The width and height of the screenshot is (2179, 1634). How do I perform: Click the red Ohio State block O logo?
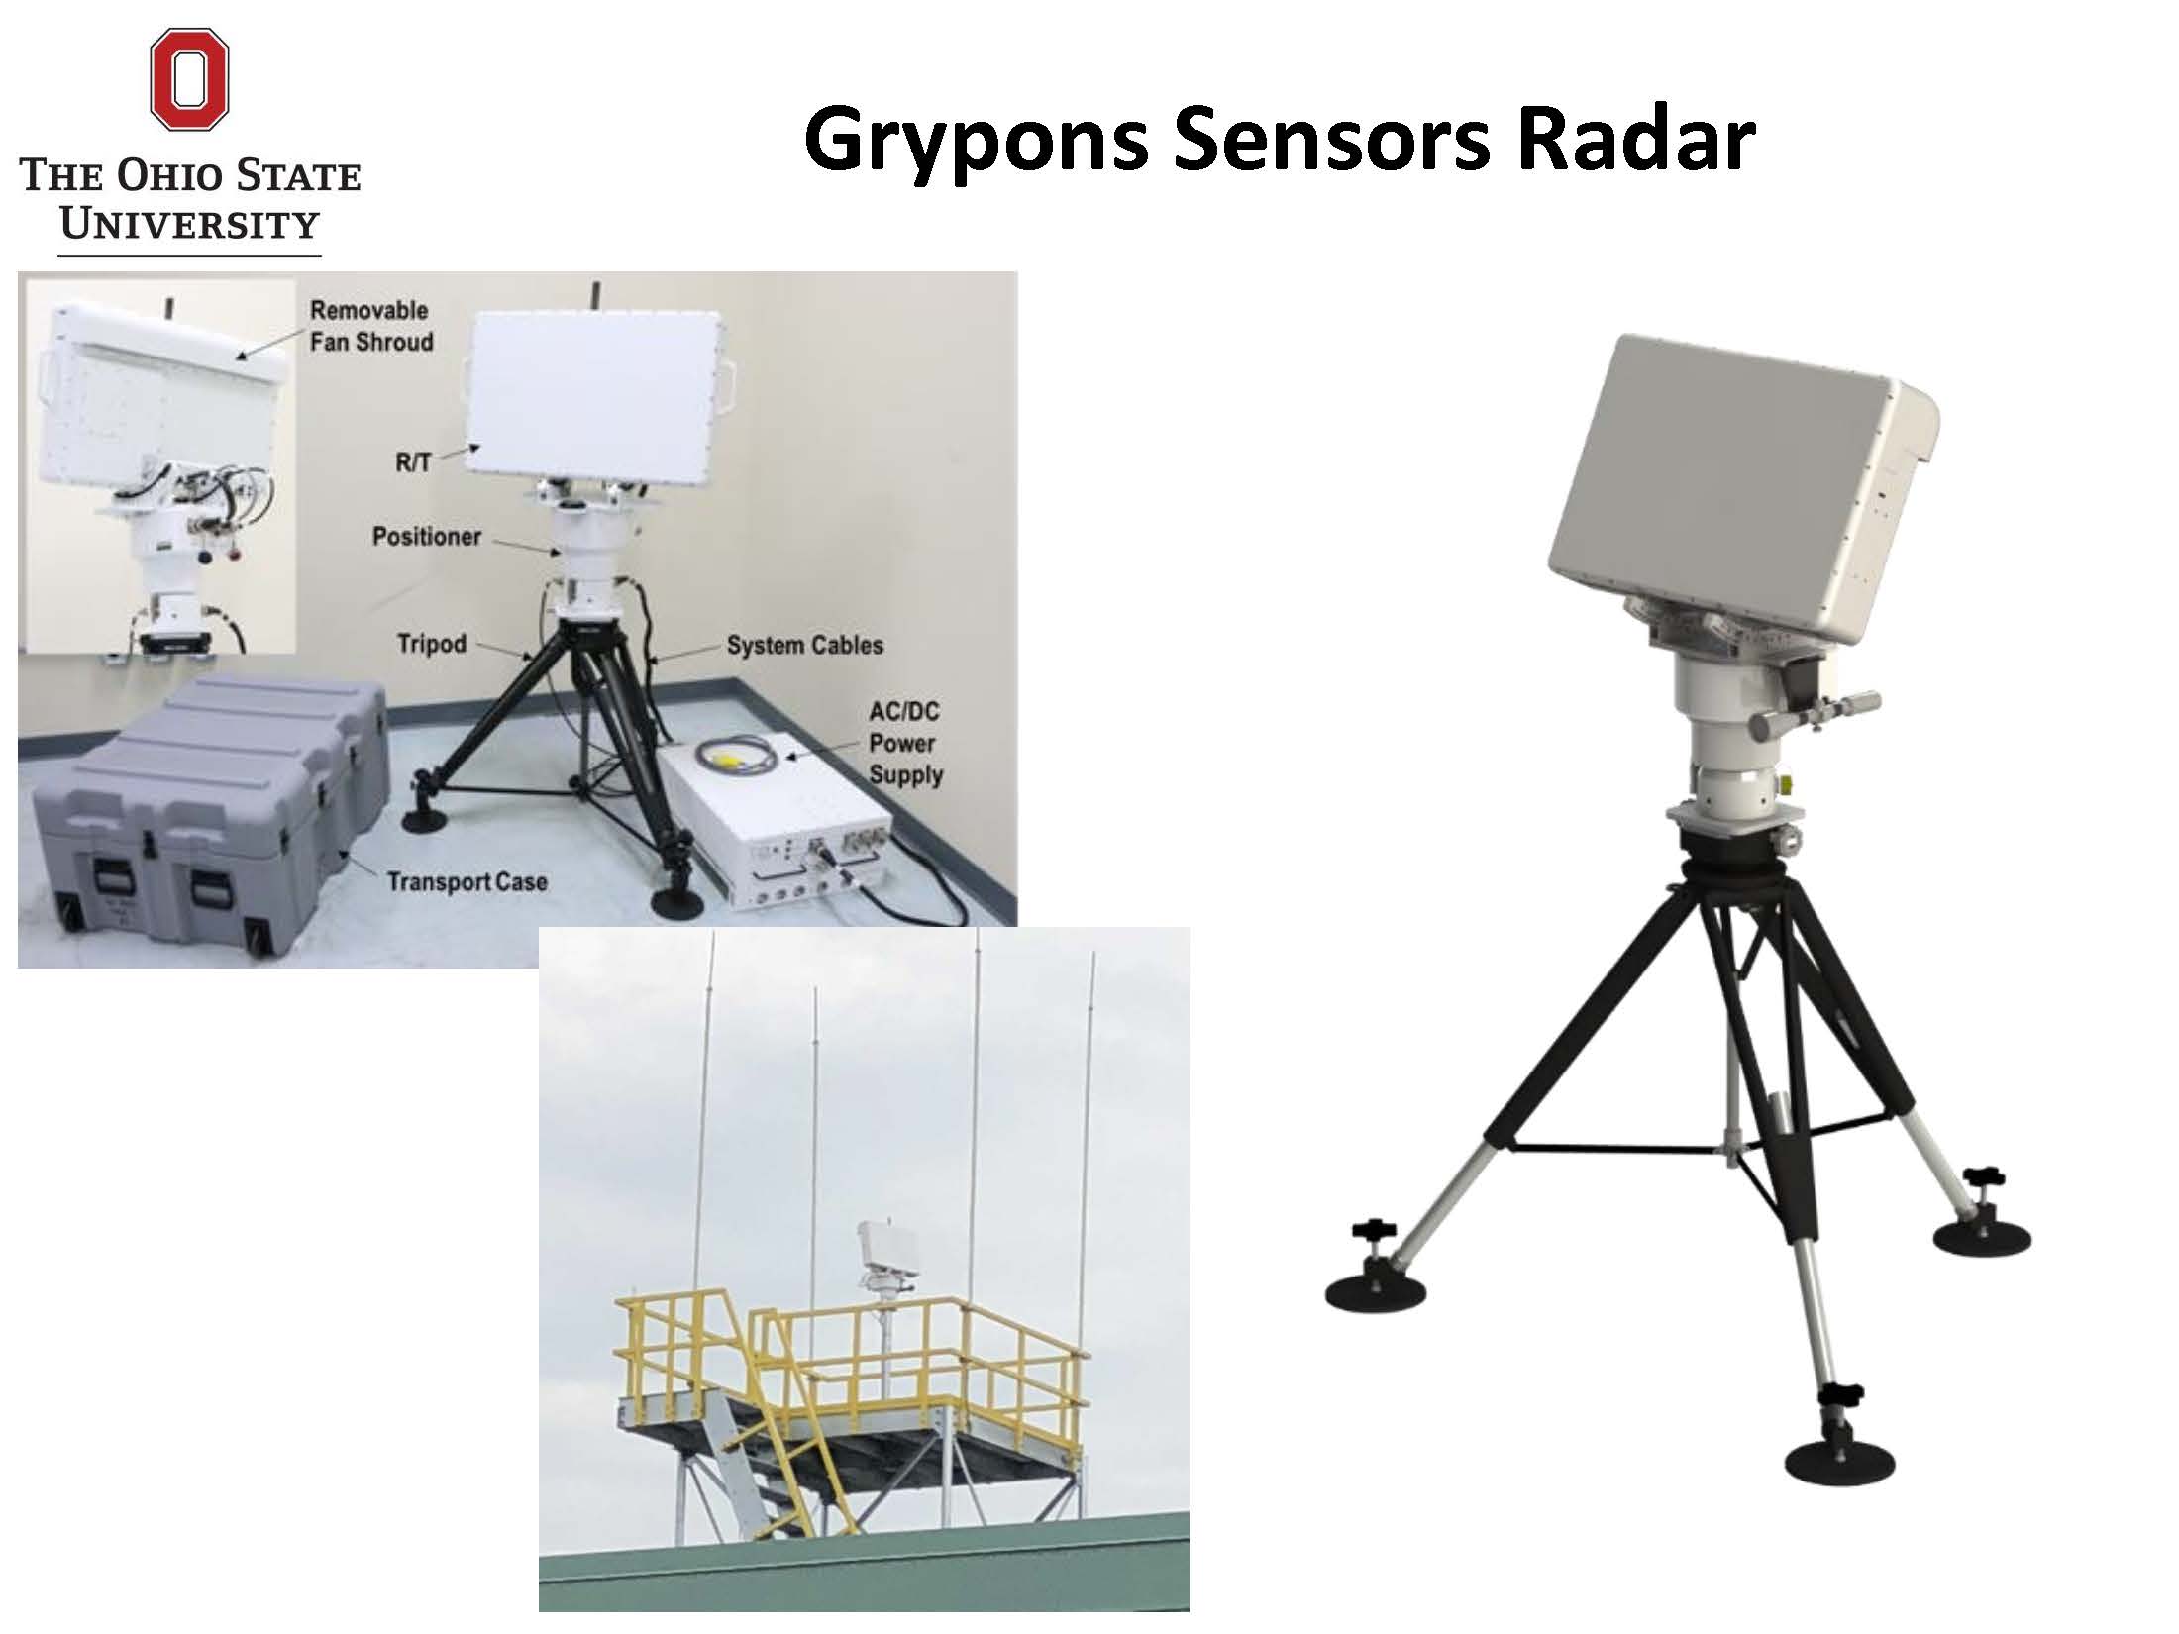tap(189, 78)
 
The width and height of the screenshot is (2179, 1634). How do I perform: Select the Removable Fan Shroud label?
tap(371, 326)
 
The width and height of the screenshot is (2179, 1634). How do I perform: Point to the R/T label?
tap(413, 462)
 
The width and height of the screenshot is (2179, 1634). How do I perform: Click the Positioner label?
tap(427, 537)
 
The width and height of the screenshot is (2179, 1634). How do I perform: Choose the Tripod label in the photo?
tap(431, 644)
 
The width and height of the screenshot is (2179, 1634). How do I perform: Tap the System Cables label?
tap(804, 646)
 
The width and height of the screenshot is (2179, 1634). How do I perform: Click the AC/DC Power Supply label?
tap(904, 743)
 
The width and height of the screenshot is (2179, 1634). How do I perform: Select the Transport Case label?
tap(467, 881)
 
